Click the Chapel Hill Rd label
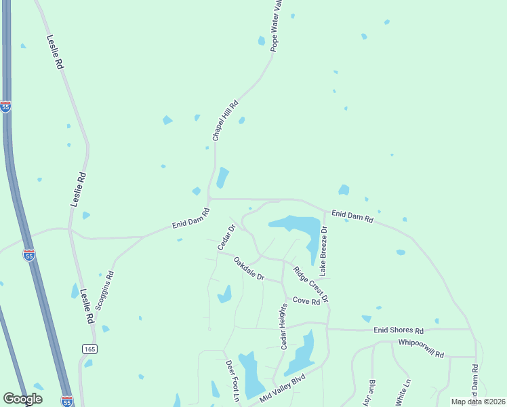tap(225, 121)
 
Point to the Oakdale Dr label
tap(249, 269)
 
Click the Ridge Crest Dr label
tap(310, 284)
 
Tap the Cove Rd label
tap(306, 301)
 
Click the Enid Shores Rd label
tap(398, 330)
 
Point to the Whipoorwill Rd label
tap(420, 349)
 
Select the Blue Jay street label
tap(371, 393)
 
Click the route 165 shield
tap(89, 348)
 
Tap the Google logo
tap(22, 399)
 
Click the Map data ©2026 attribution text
tap(478, 402)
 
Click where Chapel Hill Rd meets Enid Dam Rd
tap(209, 199)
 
